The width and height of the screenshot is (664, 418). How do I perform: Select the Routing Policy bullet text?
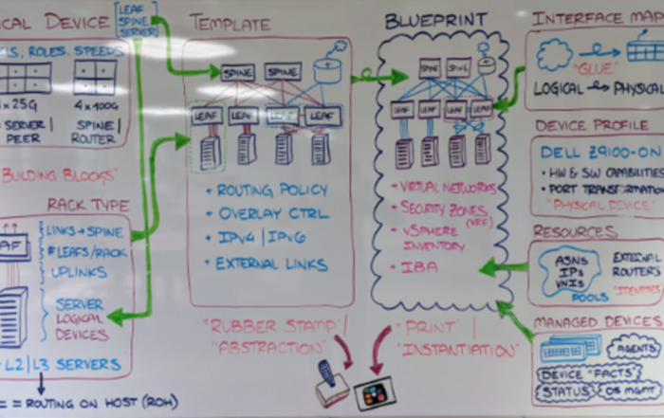271,189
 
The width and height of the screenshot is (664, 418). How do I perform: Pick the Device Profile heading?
592,124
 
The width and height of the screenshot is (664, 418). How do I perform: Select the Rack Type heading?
87,205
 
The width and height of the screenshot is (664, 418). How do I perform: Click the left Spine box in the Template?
237,71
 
